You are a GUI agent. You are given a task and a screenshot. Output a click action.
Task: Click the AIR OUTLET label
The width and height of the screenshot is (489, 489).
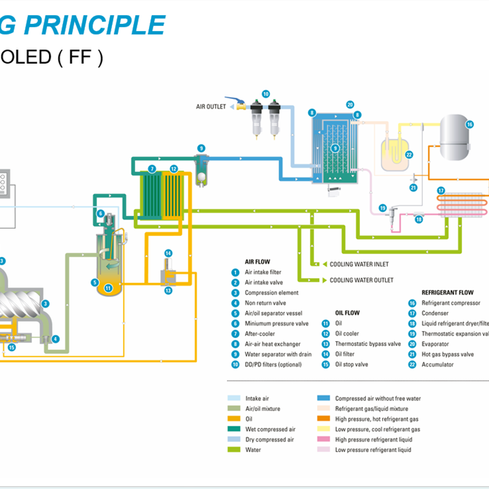pyautogui.click(x=211, y=106)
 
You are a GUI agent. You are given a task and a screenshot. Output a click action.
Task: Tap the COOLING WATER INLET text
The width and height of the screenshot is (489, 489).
pyautogui.click(x=359, y=265)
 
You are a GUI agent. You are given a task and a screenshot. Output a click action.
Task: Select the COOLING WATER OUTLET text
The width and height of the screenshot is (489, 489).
pyautogui.click(x=361, y=280)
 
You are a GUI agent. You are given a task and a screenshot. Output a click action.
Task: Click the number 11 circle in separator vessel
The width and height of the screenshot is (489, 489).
pyautogui.click(x=108, y=288)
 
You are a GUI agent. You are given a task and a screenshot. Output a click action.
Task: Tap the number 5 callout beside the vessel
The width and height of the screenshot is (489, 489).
pyautogui.click(x=95, y=282)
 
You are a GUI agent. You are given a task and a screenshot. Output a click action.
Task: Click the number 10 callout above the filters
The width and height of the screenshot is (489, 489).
pyautogui.click(x=265, y=94)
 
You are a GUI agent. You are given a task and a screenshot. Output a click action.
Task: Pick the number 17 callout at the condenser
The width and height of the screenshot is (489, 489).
pyautogui.click(x=441, y=191)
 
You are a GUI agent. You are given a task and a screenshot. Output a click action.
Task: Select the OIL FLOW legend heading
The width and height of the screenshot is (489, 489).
pyautogui.click(x=347, y=313)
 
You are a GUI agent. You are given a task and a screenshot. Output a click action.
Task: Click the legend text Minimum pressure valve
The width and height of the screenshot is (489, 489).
pyautogui.click(x=276, y=323)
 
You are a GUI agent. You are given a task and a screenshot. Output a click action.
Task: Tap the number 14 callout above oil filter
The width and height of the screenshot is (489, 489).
pyautogui.click(x=168, y=254)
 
